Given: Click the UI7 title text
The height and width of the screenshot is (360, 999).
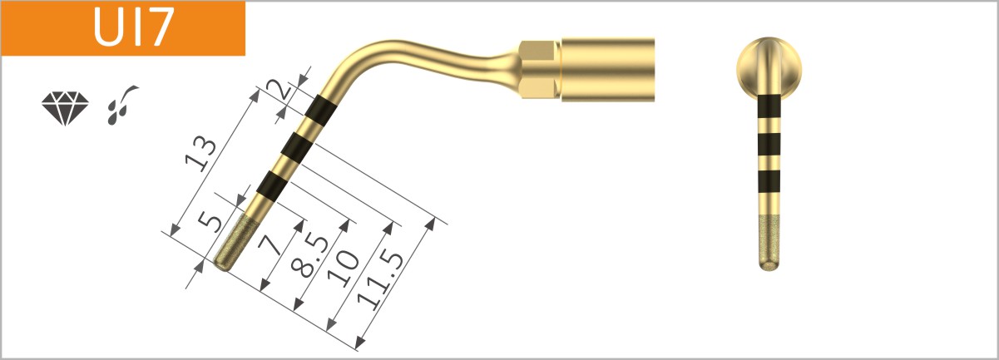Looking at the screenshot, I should coord(134,27).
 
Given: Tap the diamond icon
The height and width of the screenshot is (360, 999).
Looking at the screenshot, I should coord(63,108).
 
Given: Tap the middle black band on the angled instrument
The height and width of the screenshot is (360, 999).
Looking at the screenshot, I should coord(297,146).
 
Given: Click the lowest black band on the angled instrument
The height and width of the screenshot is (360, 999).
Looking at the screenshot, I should coord(274,182).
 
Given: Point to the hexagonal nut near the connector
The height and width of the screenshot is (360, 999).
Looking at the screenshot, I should coord(538,67).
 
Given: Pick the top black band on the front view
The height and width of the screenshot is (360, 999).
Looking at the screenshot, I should coord(769,106).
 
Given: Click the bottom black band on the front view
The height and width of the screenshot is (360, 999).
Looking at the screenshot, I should coord(769,180).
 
